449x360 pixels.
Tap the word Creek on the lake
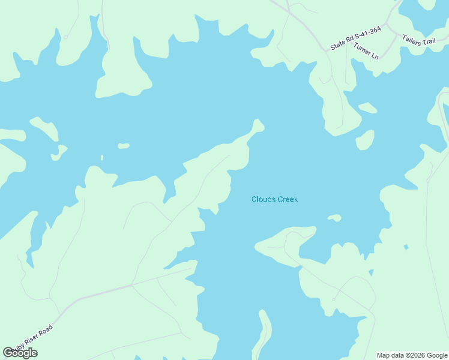[x=287, y=200]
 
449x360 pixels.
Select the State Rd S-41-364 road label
[x=355, y=38]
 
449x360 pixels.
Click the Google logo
[x=20, y=353]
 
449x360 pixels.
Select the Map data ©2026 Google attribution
[x=412, y=355]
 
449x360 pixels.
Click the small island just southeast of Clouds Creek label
[x=334, y=218]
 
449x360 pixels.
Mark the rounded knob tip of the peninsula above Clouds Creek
[x=258, y=125]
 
